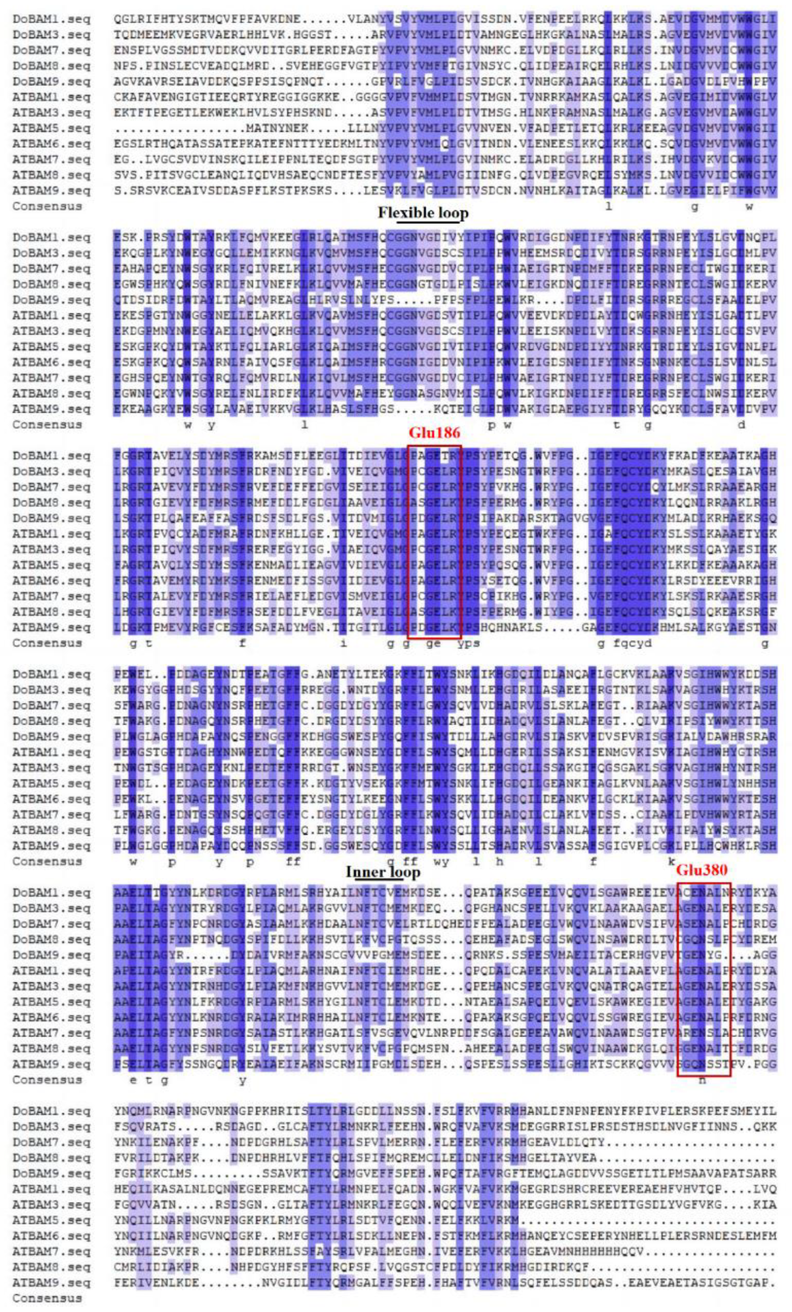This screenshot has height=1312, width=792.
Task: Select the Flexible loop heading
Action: point(423,213)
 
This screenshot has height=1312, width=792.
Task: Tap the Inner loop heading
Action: point(383,872)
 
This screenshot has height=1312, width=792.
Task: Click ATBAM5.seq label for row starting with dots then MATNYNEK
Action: point(52,128)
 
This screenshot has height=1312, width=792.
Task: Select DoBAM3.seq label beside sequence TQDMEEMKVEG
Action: point(52,35)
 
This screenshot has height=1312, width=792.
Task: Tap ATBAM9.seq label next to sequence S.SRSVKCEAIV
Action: point(52,191)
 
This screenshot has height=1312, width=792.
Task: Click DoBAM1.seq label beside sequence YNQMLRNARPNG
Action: point(52,1111)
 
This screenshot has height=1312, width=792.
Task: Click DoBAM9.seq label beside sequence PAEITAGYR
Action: point(52,955)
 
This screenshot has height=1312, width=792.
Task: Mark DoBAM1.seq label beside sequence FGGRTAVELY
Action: point(52,456)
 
